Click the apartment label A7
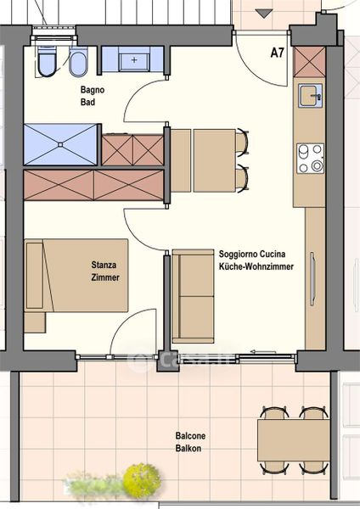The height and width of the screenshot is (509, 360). pyautogui.click(x=277, y=53)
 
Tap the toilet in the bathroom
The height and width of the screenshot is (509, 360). pyautogui.click(x=47, y=62)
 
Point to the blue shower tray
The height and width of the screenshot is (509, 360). pyautogui.click(x=61, y=144)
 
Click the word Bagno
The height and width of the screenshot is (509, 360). pyautogui.click(x=93, y=90)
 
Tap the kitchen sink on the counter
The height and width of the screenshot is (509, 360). pyautogui.click(x=311, y=96)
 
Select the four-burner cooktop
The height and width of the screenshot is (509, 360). pyautogui.click(x=310, y=159)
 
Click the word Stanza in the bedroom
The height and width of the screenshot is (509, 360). pyautogui.click(x=104, y=265)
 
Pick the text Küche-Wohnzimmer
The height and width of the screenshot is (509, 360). pyautogui.click(x=256, y=266)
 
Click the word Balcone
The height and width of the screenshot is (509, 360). pyautogui.click(x=190, y=436)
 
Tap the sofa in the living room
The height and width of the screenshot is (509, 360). pyautogui.click(x=193, y=296)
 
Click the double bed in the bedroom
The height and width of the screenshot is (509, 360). pyautogui.click(x=76, y=276)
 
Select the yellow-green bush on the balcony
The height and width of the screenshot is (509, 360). pyautogui.click(x=142, y=479)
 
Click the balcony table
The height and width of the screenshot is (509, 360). pyautogui.click(x=294, y=440)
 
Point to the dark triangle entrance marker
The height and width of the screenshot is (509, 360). pyautogui.click(x=264, y=14)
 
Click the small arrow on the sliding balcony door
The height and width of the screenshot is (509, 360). pyautogui.click(x=263, y=351)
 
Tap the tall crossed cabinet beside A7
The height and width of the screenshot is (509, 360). pyautogui.click(x=309, y=62)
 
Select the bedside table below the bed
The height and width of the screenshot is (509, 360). pyautogui.click(x=35, y=322)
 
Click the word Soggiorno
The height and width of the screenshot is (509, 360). pyautogui.click(x=239, y=254)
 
